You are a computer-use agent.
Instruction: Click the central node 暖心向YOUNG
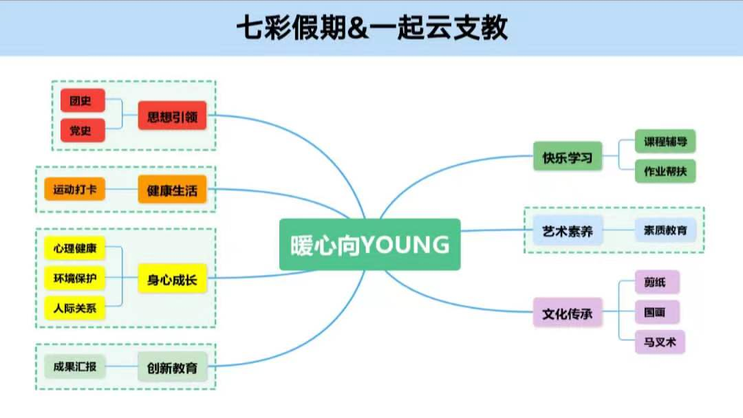pos(369,244)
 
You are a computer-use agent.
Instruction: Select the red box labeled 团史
pos(83,100)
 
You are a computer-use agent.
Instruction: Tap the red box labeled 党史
pos(83,130)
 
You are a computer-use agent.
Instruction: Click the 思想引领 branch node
pos(172,115)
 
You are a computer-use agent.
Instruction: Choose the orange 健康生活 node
pos(172,190)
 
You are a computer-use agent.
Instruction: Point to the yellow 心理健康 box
pos(74,247)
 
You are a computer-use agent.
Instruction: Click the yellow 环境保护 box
pos(74,278)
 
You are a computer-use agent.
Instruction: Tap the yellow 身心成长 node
pos(172,278)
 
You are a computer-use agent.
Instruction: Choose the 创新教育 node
pos(172,367)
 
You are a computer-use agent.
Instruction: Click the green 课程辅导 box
pos(665,142)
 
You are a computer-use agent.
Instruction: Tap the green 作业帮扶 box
pos(665,170)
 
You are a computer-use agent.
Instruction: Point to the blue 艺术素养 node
pos(568,230)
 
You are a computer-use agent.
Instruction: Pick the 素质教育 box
pos(665,230)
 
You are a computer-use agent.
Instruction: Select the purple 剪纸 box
pos(657,282)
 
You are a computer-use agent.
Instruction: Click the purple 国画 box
pos(657,311)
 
